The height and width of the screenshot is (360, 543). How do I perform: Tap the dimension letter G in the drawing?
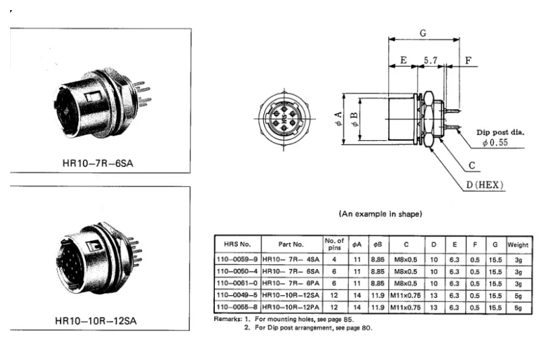pyautogui.click(x=422, y=33)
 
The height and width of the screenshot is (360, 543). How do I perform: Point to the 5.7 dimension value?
pyautogui.click(x=430, y=60)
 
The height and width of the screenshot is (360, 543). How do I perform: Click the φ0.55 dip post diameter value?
pyautogui.click(x=494, y=142)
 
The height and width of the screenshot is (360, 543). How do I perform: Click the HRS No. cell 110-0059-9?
pyautogui.click(x=236, y=259)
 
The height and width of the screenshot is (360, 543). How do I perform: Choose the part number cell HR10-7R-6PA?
pyautogui.click(x=291, y=282)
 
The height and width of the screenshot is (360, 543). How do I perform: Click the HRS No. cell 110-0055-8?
pyautogui.click(x=236, y=307)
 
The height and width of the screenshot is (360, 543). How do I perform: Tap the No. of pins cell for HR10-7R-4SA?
pyautogui.click(x=334, y=259)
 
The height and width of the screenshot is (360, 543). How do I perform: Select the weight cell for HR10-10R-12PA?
pyautogui.click(x=517, y=307)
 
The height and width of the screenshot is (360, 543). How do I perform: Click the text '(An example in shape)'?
pyautogui.click(x=380, y=214)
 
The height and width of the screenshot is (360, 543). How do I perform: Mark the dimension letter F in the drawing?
pyautogui.click(x=468, y=60)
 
